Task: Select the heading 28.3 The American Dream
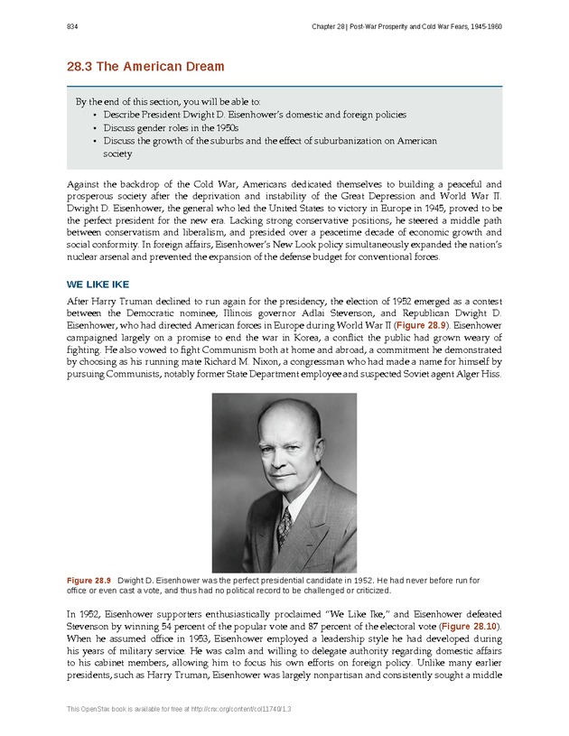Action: [145, 67]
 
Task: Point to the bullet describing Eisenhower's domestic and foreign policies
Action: [255, 116]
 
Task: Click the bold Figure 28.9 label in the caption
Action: [89, 578]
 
